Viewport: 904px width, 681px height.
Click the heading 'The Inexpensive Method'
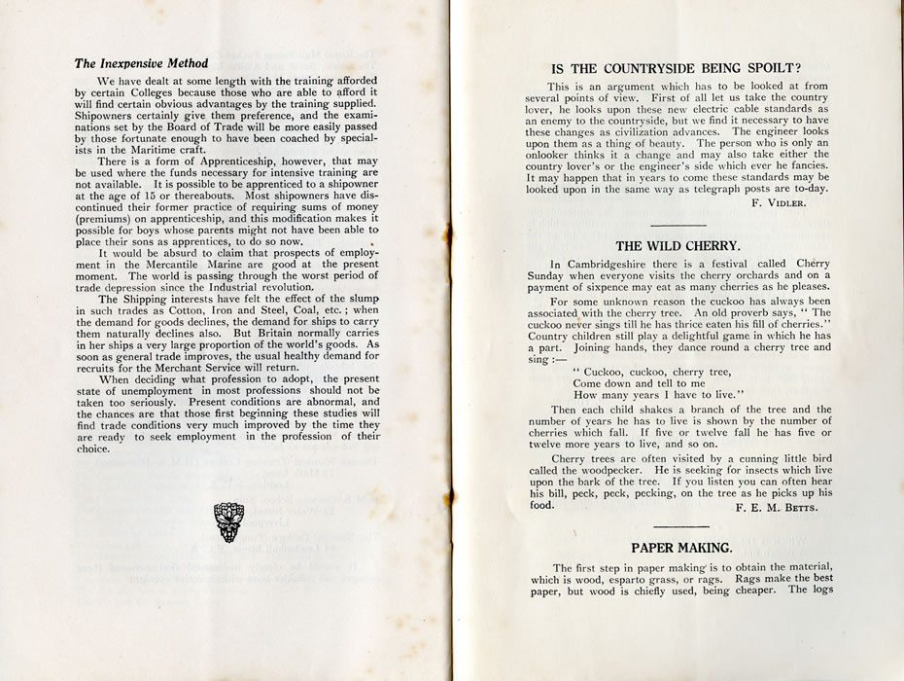(x=137, y=64)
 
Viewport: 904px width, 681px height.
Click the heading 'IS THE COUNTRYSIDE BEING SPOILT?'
(x=675, y=68)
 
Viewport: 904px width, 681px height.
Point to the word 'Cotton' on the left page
(x=178, y=311)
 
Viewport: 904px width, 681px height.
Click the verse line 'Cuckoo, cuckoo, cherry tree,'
(x=651, y=372)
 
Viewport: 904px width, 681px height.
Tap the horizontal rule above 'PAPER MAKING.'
(x=677, y=526)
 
